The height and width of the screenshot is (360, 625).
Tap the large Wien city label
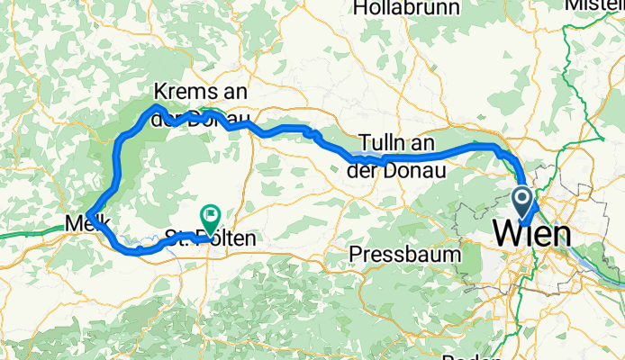[531, 235]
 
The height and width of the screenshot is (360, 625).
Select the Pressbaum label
[404, 254]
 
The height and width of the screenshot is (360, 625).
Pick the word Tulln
[378, 143]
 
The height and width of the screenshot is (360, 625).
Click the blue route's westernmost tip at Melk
[88, 211]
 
